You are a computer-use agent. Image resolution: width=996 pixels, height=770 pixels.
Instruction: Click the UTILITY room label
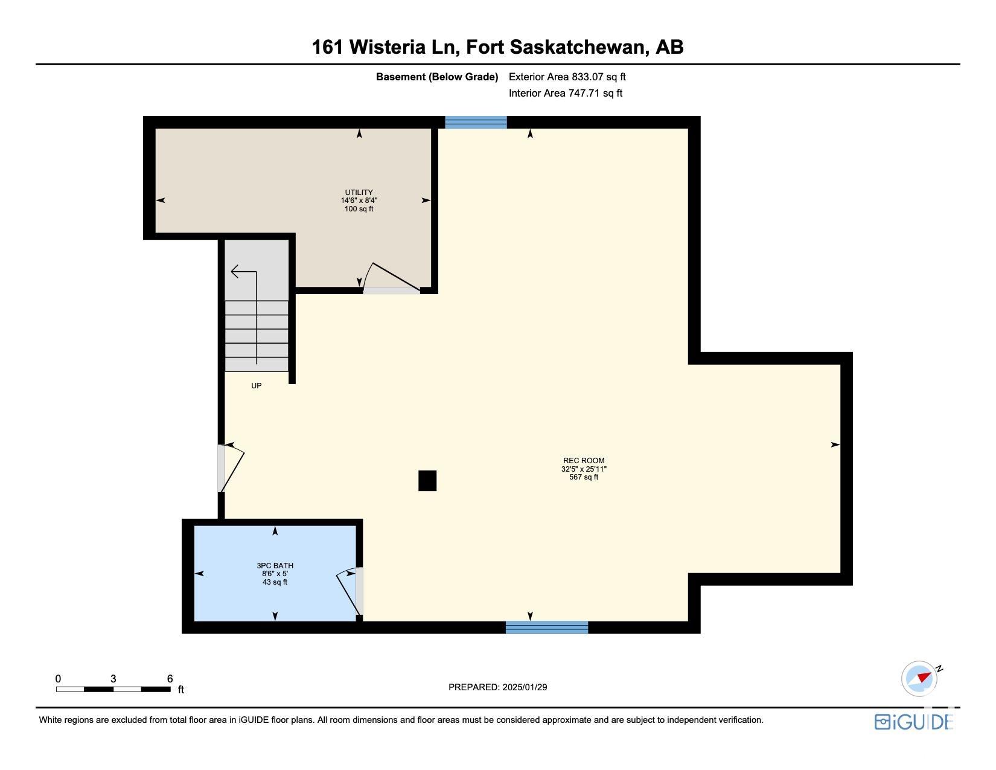click(x=359, y=192)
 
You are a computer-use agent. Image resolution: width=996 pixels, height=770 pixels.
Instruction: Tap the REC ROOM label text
click(x=584, y=460)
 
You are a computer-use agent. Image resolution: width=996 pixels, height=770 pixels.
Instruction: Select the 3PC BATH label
click(x=275, y=566)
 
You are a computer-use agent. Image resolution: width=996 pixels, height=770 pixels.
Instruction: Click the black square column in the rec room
click(x=427, y=481)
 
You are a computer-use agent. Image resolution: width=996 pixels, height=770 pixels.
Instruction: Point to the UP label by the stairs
click(x=256, y=386)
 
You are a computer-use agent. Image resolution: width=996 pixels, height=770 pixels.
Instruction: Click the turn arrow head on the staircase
click(x=235, y=272)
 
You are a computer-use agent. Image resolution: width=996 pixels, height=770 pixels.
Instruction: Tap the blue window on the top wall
click(x=476, y=122)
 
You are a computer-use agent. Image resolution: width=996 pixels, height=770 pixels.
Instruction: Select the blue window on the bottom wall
click(x=547, y=627)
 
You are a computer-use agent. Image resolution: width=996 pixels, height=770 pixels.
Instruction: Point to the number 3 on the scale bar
click(x=113, y=679)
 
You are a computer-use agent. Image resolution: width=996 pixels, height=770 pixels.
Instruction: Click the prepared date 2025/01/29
click(x=525, y=687)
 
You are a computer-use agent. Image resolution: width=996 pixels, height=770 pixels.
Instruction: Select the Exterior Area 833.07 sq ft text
click(x=567, y=77)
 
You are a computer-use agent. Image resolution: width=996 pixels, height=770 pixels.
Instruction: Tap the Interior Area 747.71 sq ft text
click(x=565, y=93)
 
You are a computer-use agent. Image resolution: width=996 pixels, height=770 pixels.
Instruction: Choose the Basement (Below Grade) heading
click(x=437, y=77)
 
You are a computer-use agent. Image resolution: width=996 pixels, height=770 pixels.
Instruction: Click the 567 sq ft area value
click(x=584, y=477)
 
